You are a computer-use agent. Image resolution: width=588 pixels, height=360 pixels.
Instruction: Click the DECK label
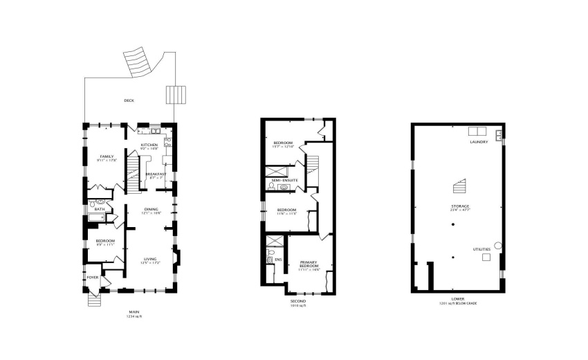click(x=129, y=100)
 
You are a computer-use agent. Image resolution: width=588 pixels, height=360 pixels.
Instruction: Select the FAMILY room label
click(x=106, y=157)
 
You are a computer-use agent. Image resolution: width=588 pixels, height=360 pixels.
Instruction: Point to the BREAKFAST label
click(x=156, y=174)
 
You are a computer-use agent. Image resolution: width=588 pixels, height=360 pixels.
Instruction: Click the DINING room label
click(x=151, y=210)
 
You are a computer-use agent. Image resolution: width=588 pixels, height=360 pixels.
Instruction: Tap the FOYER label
click(x=92, y=278)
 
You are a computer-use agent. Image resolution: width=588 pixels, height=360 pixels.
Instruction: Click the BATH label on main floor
click(x=100, y=209)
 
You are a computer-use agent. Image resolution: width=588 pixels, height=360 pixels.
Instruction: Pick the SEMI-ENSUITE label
click(x=284, y=181)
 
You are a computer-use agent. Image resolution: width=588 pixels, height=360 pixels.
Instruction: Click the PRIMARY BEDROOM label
click(x=309, y=264)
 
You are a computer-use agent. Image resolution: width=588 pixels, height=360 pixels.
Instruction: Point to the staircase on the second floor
click(x=313, y=164)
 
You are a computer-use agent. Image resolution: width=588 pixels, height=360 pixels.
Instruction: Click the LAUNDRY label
click(x=479, y=142)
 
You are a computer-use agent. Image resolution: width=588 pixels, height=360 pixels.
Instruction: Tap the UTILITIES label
click(x=482, y=248)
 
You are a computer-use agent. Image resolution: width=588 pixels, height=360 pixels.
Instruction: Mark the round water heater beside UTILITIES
click(x=497, y=245)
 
